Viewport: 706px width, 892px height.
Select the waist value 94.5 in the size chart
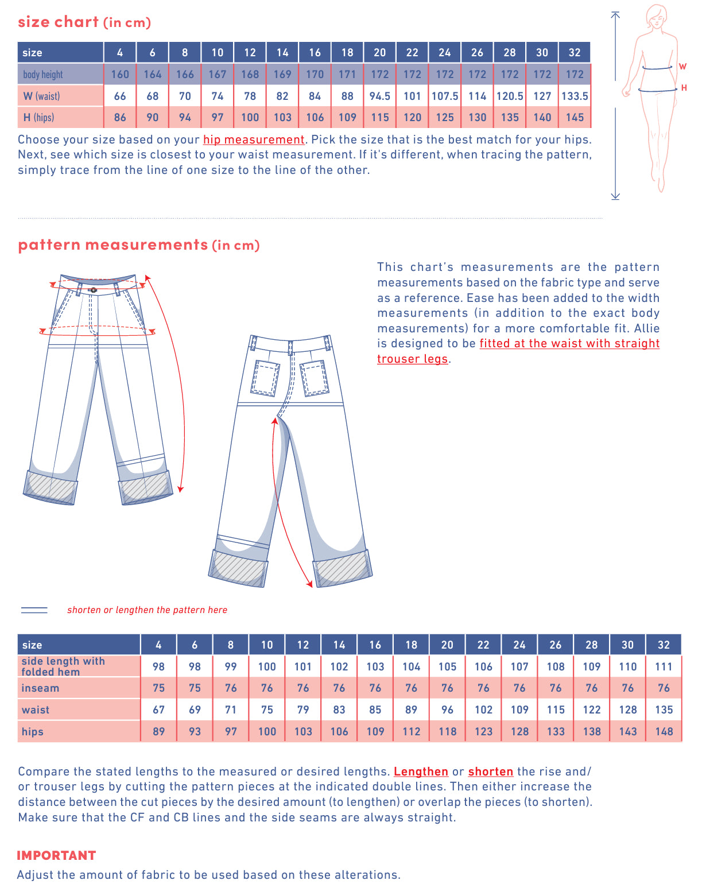tap(379, 96)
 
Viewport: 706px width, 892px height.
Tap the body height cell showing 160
tap(120, 74)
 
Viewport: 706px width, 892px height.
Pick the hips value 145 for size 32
tap(575, 118)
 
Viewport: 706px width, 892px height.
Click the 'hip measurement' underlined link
tap(253, 139)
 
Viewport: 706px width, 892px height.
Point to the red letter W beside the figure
tap(682, 67)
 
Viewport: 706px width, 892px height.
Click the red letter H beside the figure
tap(684, 88)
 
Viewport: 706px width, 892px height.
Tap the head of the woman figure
tap(656, 15)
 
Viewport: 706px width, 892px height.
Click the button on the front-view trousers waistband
tap(94, 290)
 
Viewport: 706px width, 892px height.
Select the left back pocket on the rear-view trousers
tap(265, 378)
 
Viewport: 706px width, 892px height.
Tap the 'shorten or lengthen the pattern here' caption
tap(147, 610)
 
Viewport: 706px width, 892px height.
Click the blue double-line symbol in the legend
tap(34, 610)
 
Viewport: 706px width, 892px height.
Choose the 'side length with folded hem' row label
tap(63, 666)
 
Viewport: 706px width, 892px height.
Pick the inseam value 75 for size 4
tap(158, 688)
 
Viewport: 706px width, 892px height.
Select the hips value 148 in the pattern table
tap(664, 731)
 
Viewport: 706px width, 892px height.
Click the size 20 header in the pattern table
tap(447, 645)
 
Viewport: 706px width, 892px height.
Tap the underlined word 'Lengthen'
tap(421, 771)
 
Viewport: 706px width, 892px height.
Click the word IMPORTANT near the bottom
tap(56, 855)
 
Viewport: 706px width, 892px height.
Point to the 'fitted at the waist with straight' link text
tap(569, 343)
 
